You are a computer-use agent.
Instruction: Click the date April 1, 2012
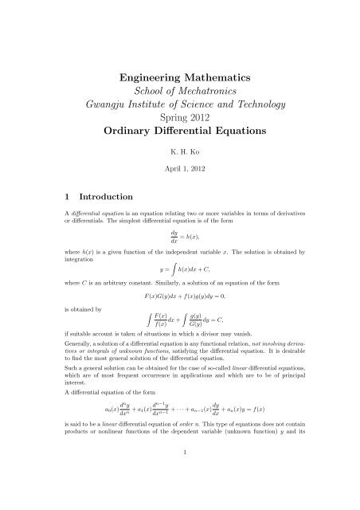click(x=179, y=191)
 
